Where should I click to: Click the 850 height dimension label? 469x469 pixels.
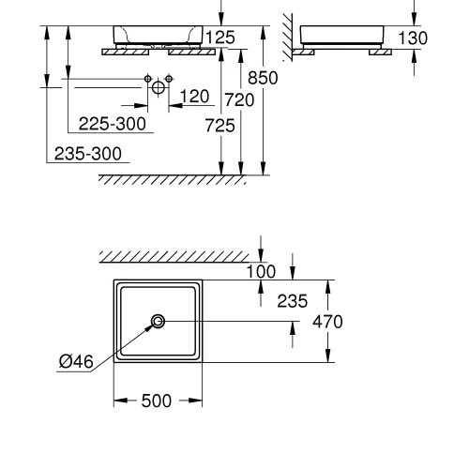pyautogui.click(x=263, y=78)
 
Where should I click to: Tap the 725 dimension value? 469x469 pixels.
pyautogui.click(x=219, y=126)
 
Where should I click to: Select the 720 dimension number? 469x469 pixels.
pyautogui.click(x=239, y=100)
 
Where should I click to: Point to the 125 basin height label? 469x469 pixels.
pyautogui.click(x=220, y=38)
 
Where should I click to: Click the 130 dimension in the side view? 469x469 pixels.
pyautogui.click(x=413, y=38)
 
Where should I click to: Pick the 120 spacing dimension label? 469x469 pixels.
pyautogui.click(x=194, y=97)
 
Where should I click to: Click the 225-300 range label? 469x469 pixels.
pyautogui.click(x=112, y=124)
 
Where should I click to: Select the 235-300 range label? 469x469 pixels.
pyautogui.click(x=88, y=154)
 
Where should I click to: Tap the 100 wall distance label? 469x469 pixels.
pyautogui.click(x=261, y=271)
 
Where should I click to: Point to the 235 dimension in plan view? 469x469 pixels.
pyautogui.click(x=293, y=301)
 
